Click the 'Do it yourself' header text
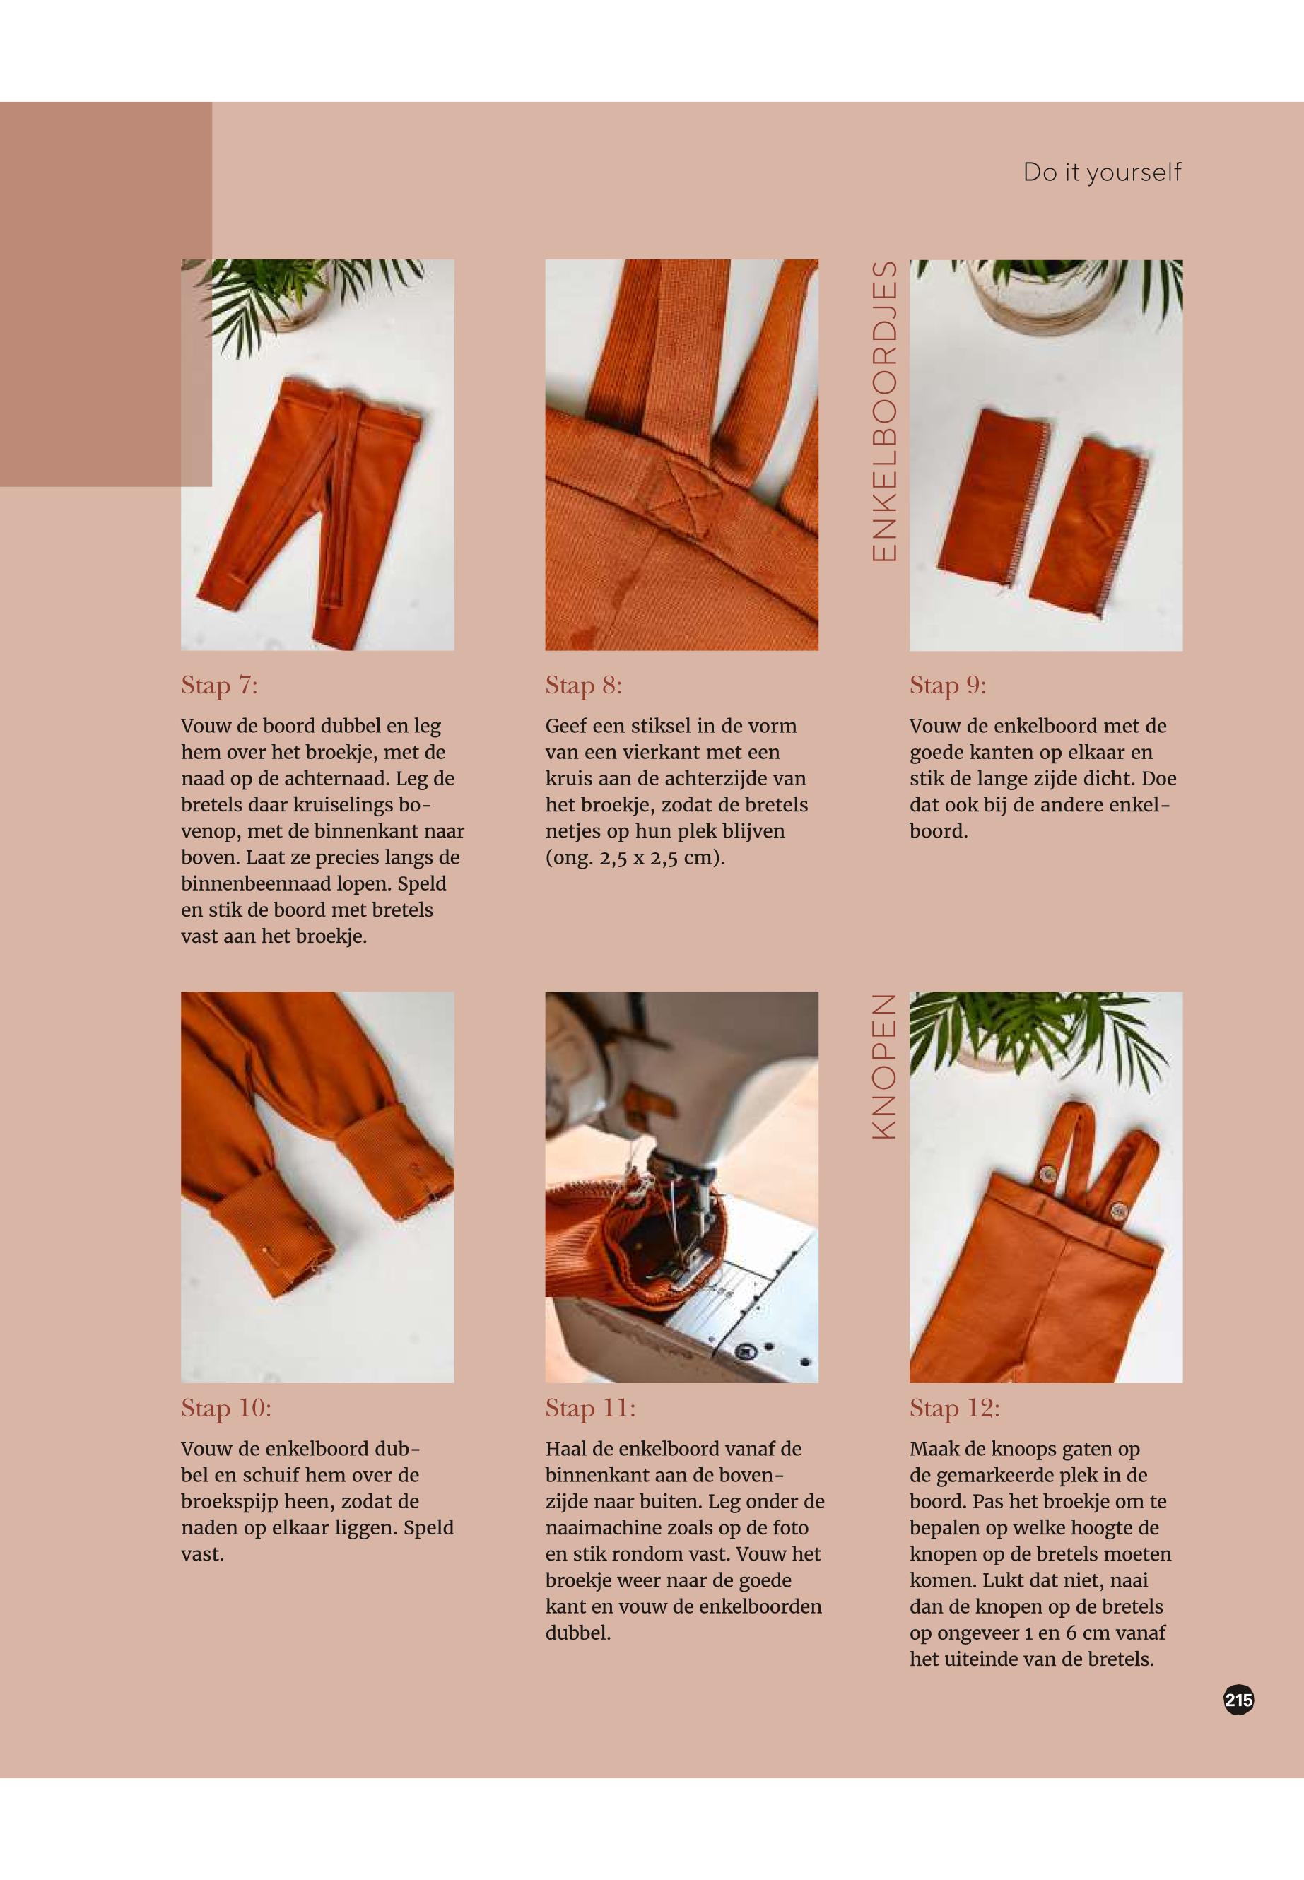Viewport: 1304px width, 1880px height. (x=1101, y=172)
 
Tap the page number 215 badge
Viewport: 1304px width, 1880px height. (x=1239, y=1700)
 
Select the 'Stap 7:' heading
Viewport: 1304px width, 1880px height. (x=219, y=686)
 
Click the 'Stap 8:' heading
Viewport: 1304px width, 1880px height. (x=583, y=686)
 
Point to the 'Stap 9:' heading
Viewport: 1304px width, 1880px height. (x=948, y=686)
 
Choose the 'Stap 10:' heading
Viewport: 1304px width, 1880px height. (x=226, y=1408)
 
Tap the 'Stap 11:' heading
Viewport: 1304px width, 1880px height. (x=591, y=1408)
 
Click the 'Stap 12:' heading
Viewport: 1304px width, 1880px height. (x=955, y=1408)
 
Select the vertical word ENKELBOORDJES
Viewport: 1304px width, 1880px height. (x=885, y=412)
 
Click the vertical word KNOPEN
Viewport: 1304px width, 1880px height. (x=885, y=1067)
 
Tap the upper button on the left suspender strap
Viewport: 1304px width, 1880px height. (x=1047, y=1175)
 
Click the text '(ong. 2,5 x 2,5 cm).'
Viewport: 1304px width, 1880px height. (x=635, y=859)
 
